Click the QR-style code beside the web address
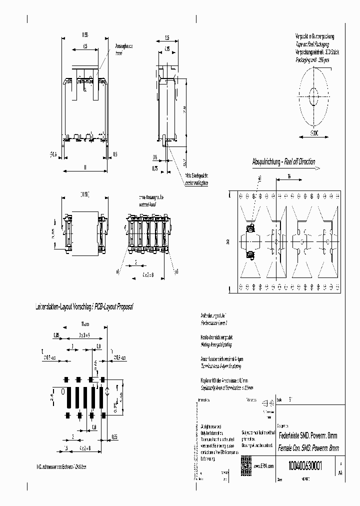pos(245,462)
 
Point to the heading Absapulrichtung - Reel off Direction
pos(283,161)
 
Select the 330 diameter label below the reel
pos(313,133)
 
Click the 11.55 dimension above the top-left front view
pos(85,34)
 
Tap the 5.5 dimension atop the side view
pos(167,37)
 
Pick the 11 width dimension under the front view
pos(85,168)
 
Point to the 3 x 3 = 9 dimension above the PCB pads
pos(83,335)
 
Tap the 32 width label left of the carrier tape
pos(228,242)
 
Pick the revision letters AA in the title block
pos(340,471)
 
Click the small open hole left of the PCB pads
pos(62,391)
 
